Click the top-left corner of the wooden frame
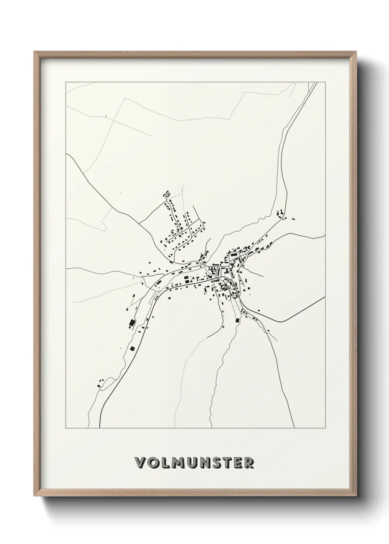tap(34, 52)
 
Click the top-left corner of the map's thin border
tap(66, 82)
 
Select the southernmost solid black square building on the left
tap(132, 348)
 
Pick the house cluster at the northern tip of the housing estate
tap(167, 193)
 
